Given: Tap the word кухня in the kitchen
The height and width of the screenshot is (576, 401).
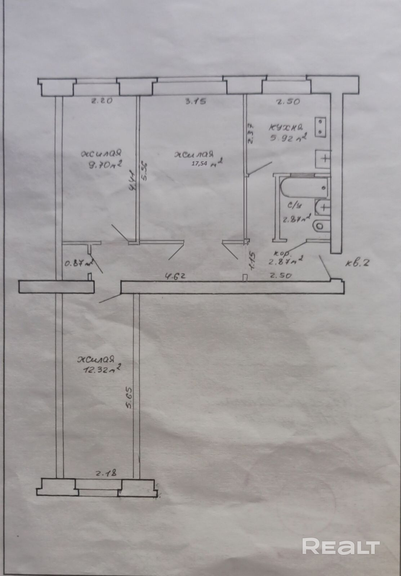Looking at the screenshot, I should click(287, 127).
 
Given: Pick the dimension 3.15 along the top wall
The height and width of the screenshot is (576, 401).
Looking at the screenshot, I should click(195, 102).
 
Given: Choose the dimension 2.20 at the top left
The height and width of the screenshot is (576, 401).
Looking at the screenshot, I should click(101, 101).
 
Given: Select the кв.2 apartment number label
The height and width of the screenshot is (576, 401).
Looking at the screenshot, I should click(358, 263).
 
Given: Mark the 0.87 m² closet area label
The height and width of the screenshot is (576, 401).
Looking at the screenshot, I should click(78, 263).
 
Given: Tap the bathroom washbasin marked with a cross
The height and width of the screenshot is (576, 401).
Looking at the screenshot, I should click(322, 207).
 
